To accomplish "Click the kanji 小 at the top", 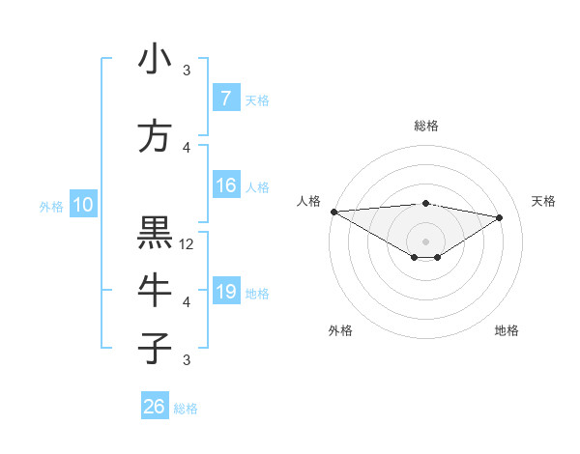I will pos(155,60).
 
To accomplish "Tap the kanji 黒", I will pos(155,233).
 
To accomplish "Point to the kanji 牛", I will pos(155,289).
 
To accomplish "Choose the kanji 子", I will pos(155,348).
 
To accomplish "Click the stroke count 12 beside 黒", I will pos(188,244).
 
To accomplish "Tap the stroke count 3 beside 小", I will pos(188,71).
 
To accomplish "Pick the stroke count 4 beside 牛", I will pos(188,302).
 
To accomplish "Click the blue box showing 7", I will pos(225,98).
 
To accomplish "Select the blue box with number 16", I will pos(225,185).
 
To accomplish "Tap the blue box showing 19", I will pos(225,292).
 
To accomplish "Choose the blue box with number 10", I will pos(82,204).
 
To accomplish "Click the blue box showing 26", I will pos(154,407).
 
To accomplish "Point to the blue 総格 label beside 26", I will pos(186,409).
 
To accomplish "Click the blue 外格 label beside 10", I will pos(51,206).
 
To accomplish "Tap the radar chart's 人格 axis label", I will pos(309,201).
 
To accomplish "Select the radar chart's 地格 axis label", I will pos(507,330).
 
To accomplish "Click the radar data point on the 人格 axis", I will pos(333,212).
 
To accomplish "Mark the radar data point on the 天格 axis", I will pos(500,217).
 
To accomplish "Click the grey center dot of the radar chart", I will pos(425,240).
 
